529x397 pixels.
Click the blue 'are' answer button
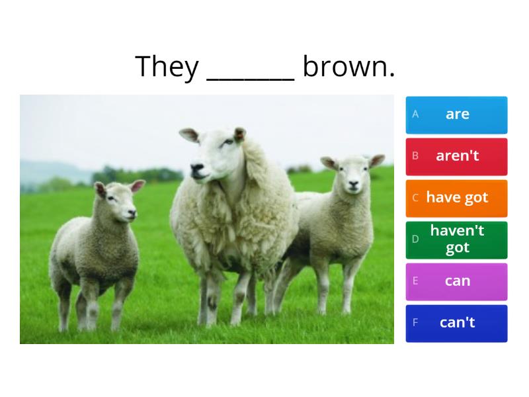point(456,115)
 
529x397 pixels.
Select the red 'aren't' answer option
point(456,157)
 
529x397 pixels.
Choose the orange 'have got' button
point(456,198)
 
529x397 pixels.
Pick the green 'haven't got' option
point(456,240)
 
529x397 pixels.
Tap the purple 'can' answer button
point(456,282)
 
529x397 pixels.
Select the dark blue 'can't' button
point(456,324)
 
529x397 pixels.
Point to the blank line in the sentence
point(251,79)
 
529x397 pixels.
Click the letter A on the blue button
point(415,114)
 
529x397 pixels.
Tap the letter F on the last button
point(415,322)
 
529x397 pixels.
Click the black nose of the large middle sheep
point(196,168)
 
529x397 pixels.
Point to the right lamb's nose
point(353,185)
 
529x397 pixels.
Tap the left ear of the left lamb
point(101,189)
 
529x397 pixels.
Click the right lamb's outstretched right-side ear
point(376,161)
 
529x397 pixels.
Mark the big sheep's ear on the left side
point(189,135)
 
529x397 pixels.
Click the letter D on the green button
point(415,239)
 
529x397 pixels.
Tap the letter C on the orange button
point(415,197)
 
